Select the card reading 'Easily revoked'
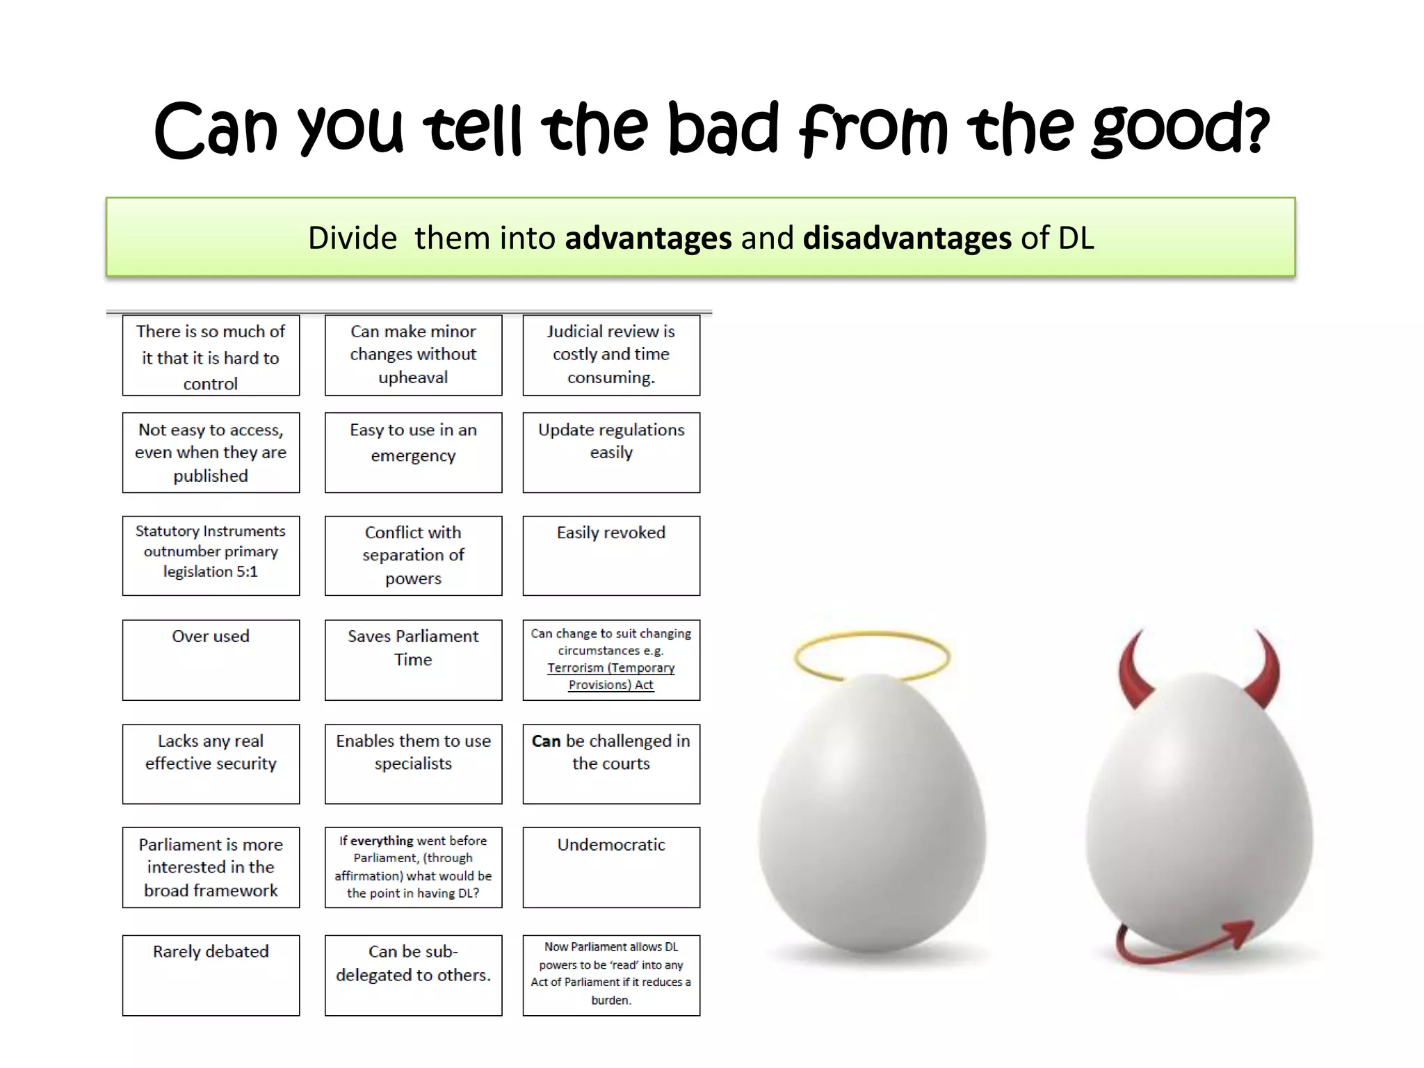tap(611, 555)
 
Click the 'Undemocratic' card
tap(611, 866)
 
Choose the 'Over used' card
tap(211, 659)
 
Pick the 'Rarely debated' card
tap(211, 975)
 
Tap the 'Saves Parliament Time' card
tap(413, 659)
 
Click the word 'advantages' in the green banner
tap(648, 238)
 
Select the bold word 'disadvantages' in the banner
tap(907, 238)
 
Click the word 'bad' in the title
tap(723, 129)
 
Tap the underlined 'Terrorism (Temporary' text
tap(610, 667)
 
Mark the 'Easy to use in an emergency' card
tap(413, 452)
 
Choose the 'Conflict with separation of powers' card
tap(413, 555)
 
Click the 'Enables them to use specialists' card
tap(413, 763)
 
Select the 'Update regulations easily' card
tap(611, 452)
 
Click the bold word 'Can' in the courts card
tap(547, 741)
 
